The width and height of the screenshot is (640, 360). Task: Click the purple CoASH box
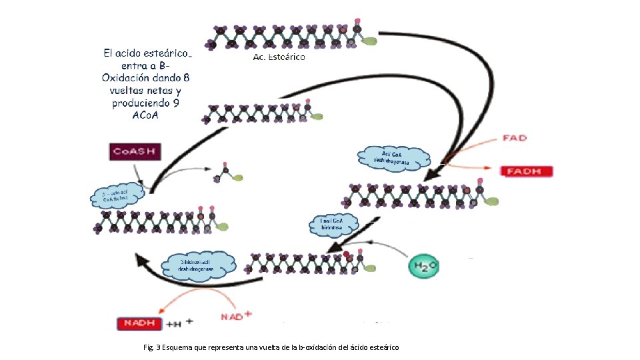[x=135, y=151]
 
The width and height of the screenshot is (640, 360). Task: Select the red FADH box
[x=527, y=171]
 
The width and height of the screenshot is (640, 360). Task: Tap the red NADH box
[x=139, y=323]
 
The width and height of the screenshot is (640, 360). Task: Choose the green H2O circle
[x=424, y=267]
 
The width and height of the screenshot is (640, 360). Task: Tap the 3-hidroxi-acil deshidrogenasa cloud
[x=201, y=265]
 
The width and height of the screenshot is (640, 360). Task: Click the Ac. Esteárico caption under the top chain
[x=279, y=58]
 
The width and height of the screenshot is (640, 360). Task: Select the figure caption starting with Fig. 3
[x=271, y=347]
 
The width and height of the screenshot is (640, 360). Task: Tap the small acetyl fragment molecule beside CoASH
[x=226, y=175]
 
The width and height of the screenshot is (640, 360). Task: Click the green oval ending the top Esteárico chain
[x=369, y=41]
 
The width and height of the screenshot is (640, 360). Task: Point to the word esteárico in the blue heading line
[x=163, y=52]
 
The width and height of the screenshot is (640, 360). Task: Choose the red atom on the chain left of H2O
[x=347, y=255]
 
